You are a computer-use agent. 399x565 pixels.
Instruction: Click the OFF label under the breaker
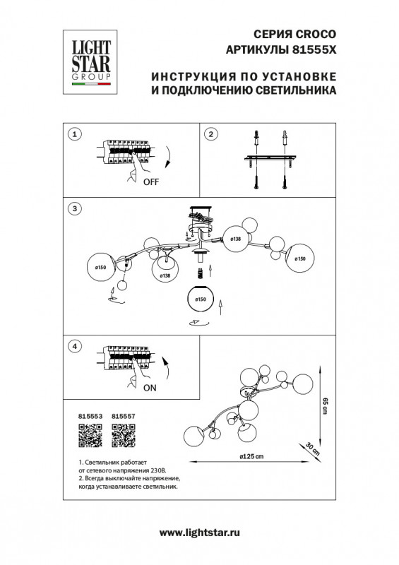tap(151, 182)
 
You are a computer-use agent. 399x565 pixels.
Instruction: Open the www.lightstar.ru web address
tap(199, 535)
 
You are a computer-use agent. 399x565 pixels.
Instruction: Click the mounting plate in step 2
tap(270, 160)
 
